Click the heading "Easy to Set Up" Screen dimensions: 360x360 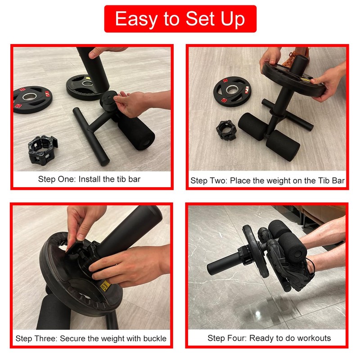[180, 19]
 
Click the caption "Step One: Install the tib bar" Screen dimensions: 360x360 [89, 179]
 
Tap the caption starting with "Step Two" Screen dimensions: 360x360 [267, 181]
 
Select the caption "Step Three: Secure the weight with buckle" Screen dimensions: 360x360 [91, 338]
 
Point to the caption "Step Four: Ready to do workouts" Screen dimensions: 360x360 [269, 338]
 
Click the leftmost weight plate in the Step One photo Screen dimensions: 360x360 [32, 99]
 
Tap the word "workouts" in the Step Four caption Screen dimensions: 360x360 [315, 338]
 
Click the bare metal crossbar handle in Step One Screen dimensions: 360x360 [91, 135]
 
